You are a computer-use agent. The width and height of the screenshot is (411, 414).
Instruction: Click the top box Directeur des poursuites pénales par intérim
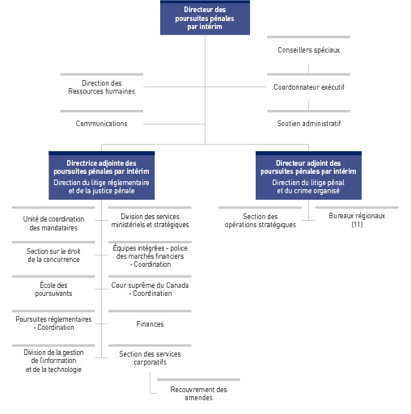coord(205,18)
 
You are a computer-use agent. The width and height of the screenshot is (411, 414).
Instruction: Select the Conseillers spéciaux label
coord(308,50)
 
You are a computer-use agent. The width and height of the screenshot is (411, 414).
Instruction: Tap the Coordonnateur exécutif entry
coord(308,87)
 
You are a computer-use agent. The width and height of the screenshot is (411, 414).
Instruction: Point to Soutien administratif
coord(308,124)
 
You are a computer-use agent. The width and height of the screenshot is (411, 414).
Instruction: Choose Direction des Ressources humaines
coord(101,87)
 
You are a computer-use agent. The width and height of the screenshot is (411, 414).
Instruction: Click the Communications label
coord(101,124)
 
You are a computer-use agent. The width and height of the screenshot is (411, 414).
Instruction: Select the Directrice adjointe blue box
coord(101,176)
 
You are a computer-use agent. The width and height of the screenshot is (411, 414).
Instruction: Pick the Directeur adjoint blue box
coord(308,176)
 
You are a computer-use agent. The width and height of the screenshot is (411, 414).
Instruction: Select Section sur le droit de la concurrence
coord(53,256)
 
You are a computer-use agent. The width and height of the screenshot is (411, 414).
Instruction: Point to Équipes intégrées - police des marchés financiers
coord(150,256)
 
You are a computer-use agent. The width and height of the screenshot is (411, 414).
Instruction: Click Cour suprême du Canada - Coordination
coord(150,289)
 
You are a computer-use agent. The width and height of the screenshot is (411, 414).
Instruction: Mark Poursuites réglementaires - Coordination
coord(53,323)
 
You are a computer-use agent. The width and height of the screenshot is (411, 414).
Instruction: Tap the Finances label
coord(150,324)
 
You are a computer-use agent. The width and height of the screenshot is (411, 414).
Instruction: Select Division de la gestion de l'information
coord(53,361)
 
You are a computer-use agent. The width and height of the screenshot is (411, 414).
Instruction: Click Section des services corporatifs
coord(150,357)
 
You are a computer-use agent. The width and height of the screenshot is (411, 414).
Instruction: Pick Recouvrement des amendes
coord(198,393)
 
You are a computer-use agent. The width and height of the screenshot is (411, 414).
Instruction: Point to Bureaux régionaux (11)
coord(357,220)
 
